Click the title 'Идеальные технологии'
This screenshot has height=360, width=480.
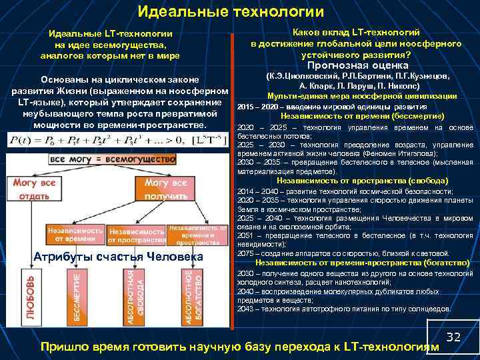click(x=231, y=11)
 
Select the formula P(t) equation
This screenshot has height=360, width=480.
click(x=116, y=140)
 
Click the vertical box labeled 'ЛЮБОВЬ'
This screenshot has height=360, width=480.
click(x=22, y=301)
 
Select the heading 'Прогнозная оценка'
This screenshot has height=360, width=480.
click(x=357, y=65)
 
